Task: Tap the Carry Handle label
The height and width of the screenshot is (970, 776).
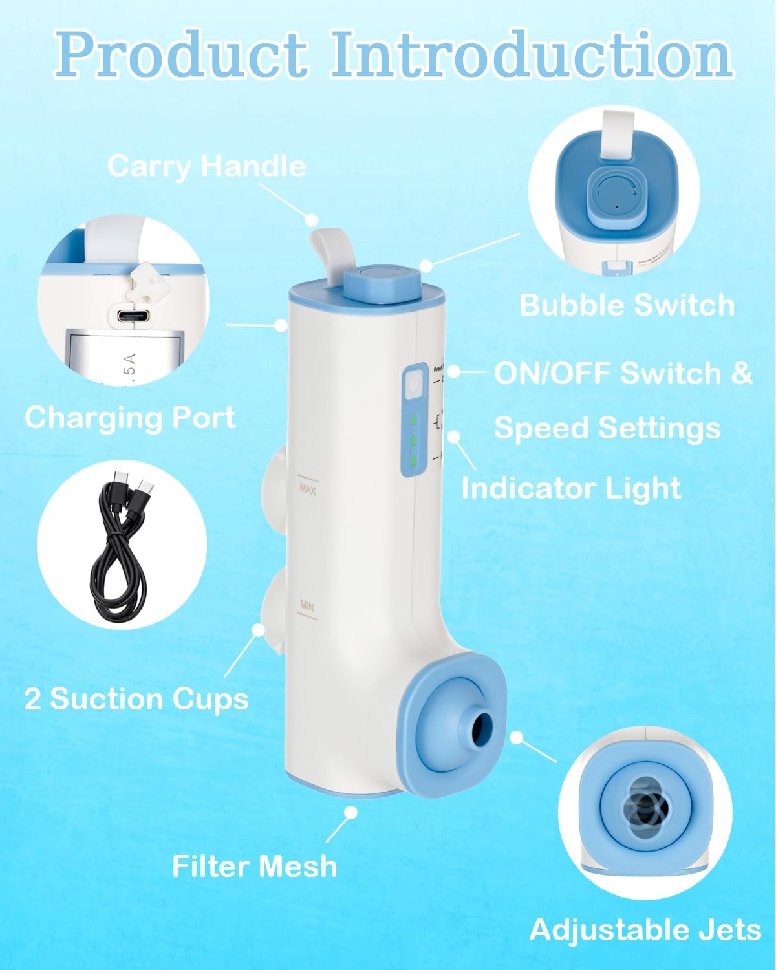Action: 206,166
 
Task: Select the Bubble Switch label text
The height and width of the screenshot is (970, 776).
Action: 627,305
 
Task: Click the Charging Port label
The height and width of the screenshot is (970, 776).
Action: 130,417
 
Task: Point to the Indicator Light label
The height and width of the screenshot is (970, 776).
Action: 571,488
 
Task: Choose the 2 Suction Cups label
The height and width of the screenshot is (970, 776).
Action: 136,699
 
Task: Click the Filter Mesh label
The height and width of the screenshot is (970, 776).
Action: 254,866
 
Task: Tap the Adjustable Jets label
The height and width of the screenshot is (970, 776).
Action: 645,930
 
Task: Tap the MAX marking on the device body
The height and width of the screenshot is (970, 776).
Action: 307,489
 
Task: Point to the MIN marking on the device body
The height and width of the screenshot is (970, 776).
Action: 307,606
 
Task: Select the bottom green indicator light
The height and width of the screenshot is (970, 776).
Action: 412,460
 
